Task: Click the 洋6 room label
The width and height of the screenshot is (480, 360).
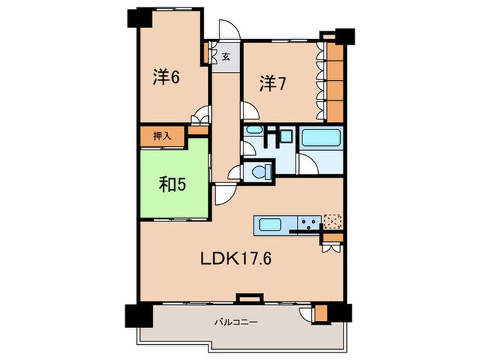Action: [166, 77]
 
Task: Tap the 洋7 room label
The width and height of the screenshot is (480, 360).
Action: [272, 83]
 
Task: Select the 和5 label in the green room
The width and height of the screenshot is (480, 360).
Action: [172, 184]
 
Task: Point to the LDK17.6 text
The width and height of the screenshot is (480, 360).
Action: [236, 259]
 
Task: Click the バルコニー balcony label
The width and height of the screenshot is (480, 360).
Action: [236, 322]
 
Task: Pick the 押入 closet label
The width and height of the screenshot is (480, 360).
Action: [162, 136]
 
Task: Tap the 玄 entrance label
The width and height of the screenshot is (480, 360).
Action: [226, 56]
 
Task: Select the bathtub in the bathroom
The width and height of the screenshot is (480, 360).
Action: [321, 137]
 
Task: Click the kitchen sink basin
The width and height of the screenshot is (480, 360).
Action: [270, 226]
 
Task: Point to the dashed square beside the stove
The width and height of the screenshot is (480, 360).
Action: [333, 221]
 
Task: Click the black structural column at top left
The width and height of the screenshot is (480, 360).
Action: [140, 18]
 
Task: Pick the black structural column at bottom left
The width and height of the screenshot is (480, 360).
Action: [139, 315]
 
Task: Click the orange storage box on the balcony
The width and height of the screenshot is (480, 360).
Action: [321, 313]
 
